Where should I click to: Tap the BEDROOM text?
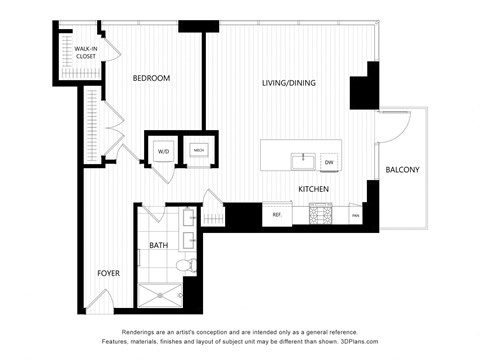point(152,79)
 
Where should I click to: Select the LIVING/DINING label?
point(289,83)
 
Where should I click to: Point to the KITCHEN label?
point(314,188)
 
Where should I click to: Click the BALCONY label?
point(403,170)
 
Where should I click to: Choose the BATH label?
point(159,245)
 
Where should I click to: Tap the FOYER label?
point(109,272)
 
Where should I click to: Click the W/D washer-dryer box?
point(162,151)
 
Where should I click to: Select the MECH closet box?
point(199,150)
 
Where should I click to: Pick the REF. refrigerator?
point(275,213)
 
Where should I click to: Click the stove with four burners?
point(321,213)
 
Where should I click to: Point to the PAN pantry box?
point(354,214)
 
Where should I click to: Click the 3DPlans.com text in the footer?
point(422,343)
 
